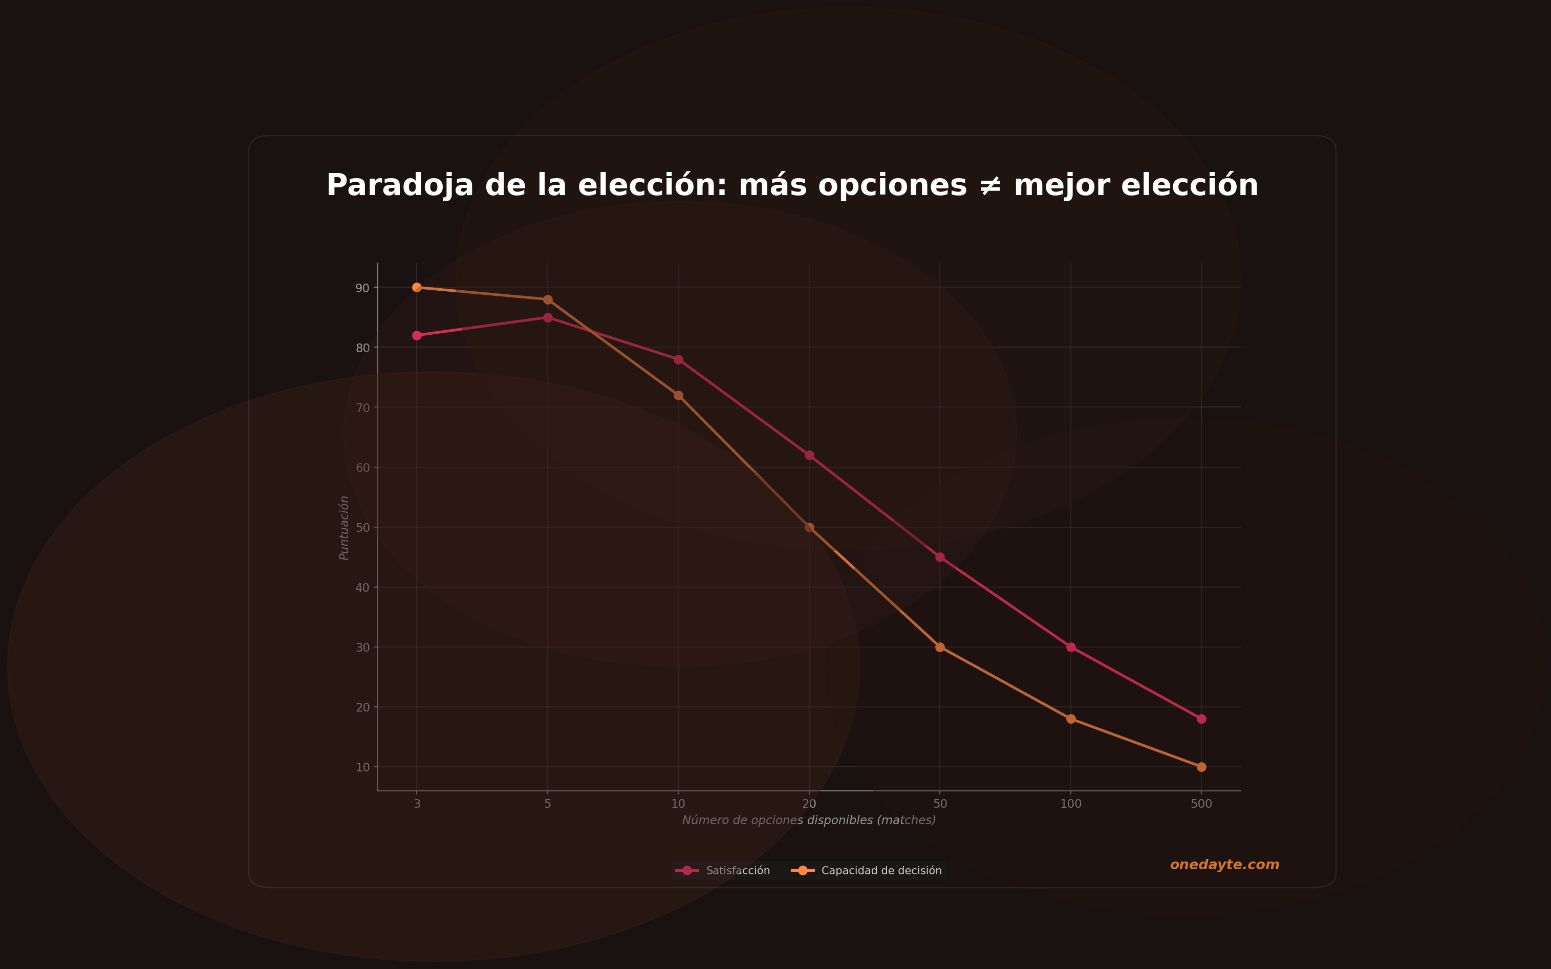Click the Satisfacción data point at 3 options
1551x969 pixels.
click(417, 335)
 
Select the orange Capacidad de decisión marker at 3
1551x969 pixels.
click(417, 287)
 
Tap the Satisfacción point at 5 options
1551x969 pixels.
click(547, 317)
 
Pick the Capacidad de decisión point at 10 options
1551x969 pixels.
click(678, 395)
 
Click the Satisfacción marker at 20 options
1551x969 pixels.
click(809, 455)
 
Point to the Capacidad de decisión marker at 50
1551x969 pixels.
click(940, 648)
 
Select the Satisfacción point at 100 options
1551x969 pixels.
click(1070, 648)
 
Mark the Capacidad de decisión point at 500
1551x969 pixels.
click(1201, 767)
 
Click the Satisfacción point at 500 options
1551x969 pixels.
click(1201, 719)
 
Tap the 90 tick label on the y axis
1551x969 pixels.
click(362, 288)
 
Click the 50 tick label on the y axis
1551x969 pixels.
click(362, 527)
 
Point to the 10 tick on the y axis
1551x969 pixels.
click(362, 767)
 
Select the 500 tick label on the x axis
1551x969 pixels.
click(1201, 804)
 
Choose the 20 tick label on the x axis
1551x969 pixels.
click(809, 804)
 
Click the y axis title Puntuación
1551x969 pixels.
click(344, 527)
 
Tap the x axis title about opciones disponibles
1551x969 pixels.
click(809, 821)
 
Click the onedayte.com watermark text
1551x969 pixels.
click(1224, 865)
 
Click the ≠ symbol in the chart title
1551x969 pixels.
click(990, 186)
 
